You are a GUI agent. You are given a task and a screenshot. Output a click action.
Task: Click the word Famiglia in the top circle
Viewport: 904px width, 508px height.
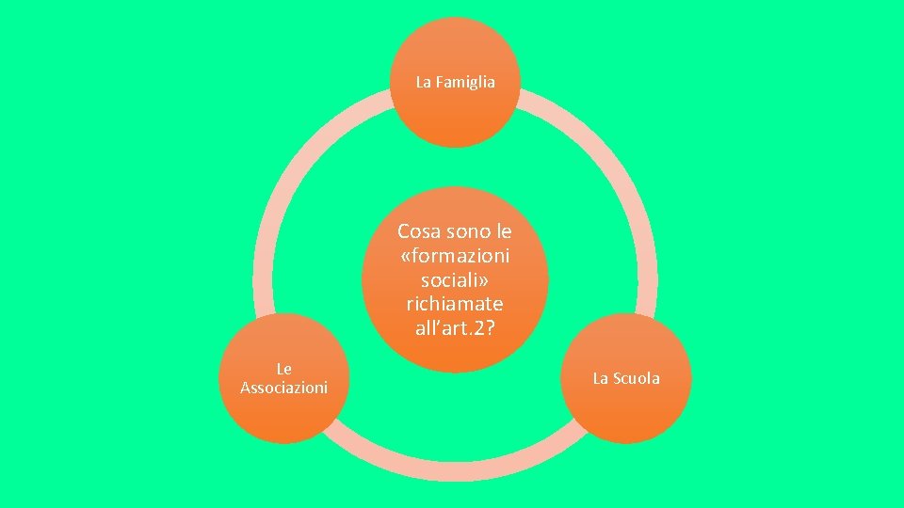point(464,83)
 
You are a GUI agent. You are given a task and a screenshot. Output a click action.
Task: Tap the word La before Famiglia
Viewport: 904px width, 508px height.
point(424,83)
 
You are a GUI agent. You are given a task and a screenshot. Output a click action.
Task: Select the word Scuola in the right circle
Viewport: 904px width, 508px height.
point(638,378)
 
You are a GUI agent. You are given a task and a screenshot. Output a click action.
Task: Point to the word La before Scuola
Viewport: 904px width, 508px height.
point(601,378)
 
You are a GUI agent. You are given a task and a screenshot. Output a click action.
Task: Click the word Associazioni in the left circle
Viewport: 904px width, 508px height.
point(284,388)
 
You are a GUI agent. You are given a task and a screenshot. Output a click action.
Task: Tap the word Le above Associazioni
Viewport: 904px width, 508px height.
point(284,370)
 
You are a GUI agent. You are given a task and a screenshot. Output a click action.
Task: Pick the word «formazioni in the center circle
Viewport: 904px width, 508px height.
point(456,255)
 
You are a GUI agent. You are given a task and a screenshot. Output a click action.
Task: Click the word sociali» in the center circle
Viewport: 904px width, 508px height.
point(456,279)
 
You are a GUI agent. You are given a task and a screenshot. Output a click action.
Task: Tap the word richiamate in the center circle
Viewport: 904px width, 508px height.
point(456,304)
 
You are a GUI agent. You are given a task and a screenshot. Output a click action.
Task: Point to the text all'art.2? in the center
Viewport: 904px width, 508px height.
point(456,328)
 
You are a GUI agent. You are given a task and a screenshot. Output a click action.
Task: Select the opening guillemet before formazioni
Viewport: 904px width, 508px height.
point(406,256)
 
